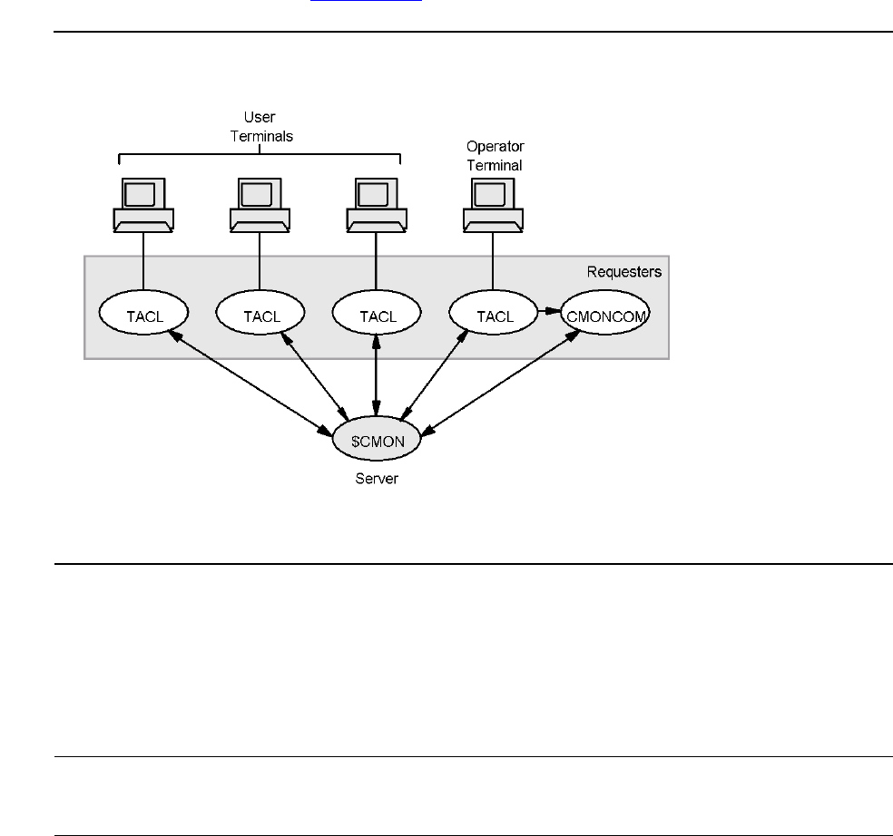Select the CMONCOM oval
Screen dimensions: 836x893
(604, 316)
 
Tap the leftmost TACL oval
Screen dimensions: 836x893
(143, 316)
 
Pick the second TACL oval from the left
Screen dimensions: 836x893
(260, 316)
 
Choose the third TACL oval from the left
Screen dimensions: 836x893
(377, 316)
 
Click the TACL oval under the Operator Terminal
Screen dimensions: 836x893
(493, 316)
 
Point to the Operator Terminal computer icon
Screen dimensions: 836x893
(493, 204)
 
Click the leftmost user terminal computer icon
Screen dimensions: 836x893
(143, 204)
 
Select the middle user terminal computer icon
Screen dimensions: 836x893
(260, 204)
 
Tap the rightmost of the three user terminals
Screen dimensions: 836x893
(377, 204)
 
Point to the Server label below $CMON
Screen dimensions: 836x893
(377, 478)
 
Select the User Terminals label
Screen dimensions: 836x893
(260, 126)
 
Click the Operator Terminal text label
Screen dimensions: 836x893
(495, 155)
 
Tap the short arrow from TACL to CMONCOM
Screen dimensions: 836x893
(548, 314)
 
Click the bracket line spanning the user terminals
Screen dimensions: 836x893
(260, 154)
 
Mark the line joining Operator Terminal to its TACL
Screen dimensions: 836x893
(493, 263)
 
